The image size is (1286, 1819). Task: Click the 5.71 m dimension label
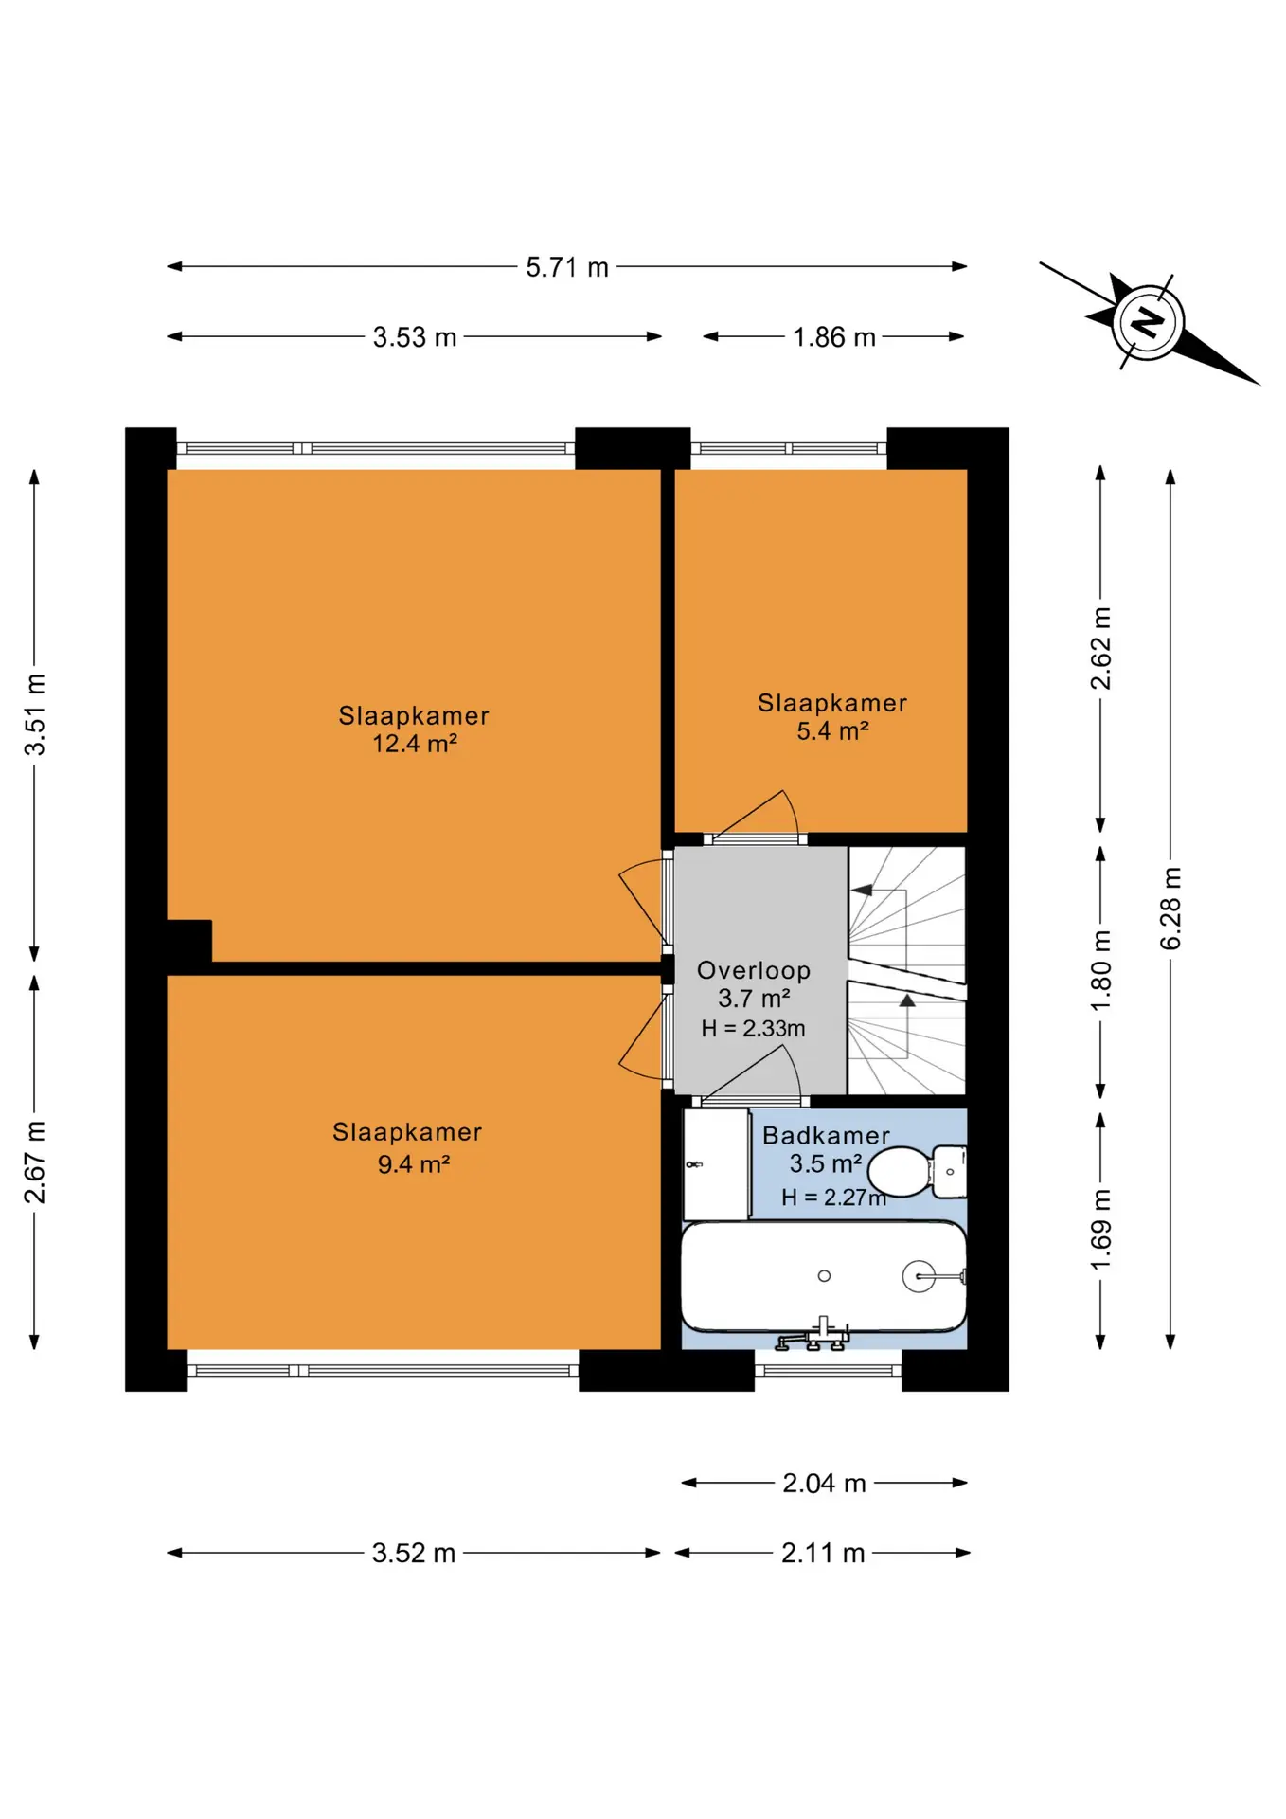pyautogui.click(x=567, y=267)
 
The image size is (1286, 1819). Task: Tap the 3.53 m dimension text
pyautogui.click(x=415, y=337)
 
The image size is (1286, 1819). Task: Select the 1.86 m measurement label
pyautogui.click(x=833, y=337)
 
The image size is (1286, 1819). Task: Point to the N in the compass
pyautogui.click(x=1148, y=323)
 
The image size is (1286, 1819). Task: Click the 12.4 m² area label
pyautogui.click(x=415, y=744)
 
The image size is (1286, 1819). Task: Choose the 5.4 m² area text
pyautogui.click(x=832, y=731)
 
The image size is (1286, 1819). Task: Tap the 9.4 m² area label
pyautogui.click(x=414, y=1164)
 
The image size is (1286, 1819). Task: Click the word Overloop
pyautogui.click(x=754, y=971)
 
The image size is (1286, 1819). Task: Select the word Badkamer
pyautogui.click(x=826, y=1135)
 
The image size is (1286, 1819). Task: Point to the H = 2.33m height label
pyautogui.click(x=753, y=1029)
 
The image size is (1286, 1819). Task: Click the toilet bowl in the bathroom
pyautogui.click(x=900, y=1172)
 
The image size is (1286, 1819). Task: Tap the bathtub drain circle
pyautogui.click(x=824, y=1276)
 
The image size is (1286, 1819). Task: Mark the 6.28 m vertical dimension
pyautogui.click(x=1171, y=908)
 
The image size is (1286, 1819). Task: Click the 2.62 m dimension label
pyautogui.click(x=1100, y=649)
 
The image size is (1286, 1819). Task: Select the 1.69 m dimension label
pyautogui.click(x=1100, y=1230)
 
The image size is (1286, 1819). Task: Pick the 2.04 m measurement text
pyautogui.click(x=824, y=1484)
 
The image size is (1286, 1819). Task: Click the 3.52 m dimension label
pyautogui.click(x=414, y=1554)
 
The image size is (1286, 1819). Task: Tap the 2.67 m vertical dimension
pyautogui.click(x=35, y=1162)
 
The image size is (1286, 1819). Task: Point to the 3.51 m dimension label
pyautogui.click(x=35, y=714)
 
